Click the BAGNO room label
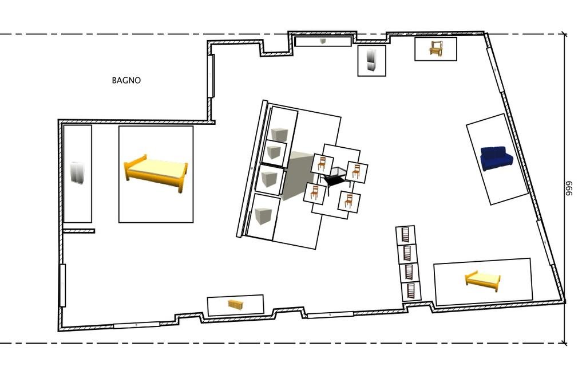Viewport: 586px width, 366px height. pyautogui.click(x=126, y=80)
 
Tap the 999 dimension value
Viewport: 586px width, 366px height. pyautogui.click(x=569, y=188)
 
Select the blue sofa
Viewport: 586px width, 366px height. pyautogui.click(x=497, y=158)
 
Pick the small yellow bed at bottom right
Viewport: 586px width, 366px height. pyautogui.click(x=482, y=281)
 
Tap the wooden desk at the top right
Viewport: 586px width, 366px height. pyautogui.click(x=435, y=49)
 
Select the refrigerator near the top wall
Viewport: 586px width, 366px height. pyautogui.click(x=371, y=60)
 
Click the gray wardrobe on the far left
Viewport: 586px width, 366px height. pyautogui.click(x=77, y=173)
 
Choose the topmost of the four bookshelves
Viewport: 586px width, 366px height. pyautogui.click(x=406, y=235)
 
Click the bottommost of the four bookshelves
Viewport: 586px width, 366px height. pyautogui.click(x=411, y=292)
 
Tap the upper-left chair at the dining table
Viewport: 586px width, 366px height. pyautogui.click(x=322, y=164)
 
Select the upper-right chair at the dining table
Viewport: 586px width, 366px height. pyautogui.click(x=356, y=172)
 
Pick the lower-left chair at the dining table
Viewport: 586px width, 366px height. pyautogui.click(x=314, y=192)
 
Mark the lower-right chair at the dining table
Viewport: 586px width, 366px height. pyautogui.click(x=349, y=202)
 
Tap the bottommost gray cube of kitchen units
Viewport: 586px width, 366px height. pyautogui.click(x=263, y=217)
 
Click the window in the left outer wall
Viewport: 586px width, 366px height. pyautogui.click(x=62, y=286)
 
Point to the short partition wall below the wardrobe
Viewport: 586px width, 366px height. pyautogui.click(x=78, y=231)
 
